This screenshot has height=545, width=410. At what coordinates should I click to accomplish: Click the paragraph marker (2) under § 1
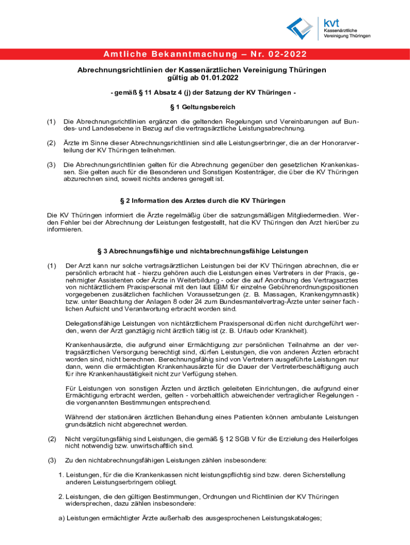click(x=51, y=142)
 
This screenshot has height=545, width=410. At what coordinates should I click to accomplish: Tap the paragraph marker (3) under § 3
click(x=52, y=460)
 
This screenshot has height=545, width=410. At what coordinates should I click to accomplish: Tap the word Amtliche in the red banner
click(x=122, y=54)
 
